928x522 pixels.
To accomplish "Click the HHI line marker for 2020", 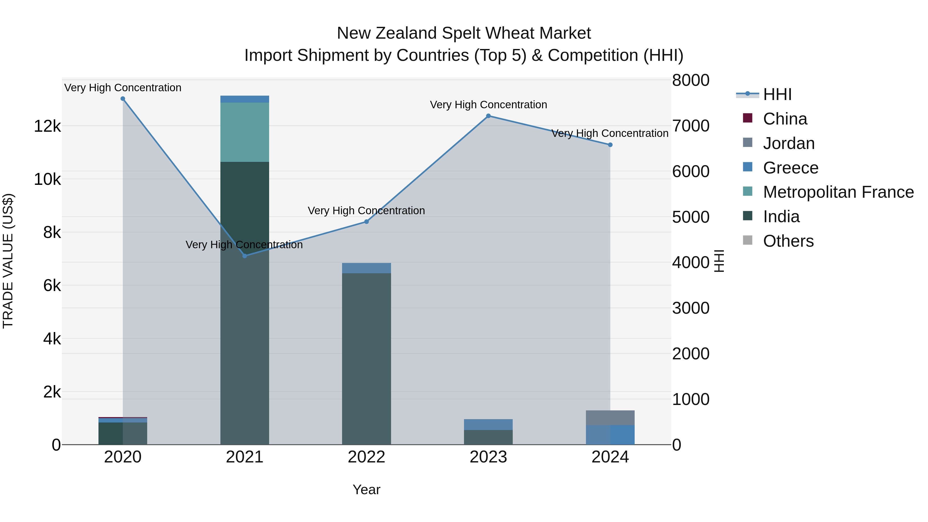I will [x=123, y=99].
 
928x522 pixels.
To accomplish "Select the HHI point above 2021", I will [x=245, y=256].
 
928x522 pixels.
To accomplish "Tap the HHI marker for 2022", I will [x=366, y=221].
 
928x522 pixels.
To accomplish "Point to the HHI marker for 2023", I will [x=488, y=116].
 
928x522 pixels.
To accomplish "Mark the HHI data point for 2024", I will [x=610, y=145].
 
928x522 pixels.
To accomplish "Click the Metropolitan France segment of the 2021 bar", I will [x=245, y=132].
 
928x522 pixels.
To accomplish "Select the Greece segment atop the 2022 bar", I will [x=366, y=268].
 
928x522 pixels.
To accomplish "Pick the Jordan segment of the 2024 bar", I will [x=610, y=418].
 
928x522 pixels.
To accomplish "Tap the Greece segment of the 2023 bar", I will [x=488, y=424].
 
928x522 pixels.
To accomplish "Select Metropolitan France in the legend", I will [x=838, y=192].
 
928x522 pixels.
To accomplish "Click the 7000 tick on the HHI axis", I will [x=691, y=126].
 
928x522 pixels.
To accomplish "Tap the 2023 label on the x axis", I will [x=488, y=457].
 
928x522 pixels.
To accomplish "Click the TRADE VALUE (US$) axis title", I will [x=8, y=261].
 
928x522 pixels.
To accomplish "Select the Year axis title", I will [x=366, y=490].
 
